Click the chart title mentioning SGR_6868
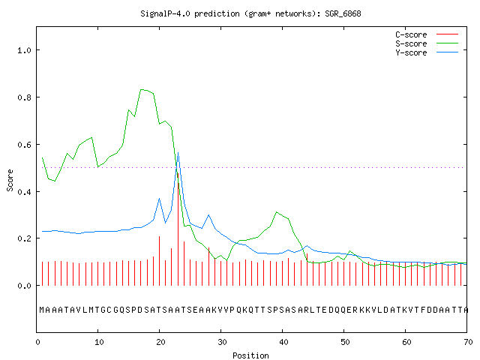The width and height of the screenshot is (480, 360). point(250,13)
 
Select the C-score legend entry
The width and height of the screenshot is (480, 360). point(427,34)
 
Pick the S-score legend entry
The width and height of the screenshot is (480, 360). point(427,43)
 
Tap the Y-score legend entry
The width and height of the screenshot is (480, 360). point(427,52)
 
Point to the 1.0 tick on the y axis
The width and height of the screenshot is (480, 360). point(24,50)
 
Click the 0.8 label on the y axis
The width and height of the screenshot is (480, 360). point(24,97)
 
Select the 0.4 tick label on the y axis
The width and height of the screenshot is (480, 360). point(24,192)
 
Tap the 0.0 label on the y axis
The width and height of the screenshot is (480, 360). point(24,286)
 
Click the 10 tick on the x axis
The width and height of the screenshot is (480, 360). point(99,342)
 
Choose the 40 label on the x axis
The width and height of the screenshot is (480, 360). point(283,342)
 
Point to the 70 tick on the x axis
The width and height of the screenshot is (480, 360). point(468,342)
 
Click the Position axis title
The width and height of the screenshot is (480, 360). point(250,355)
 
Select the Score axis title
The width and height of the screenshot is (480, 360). point(10,180)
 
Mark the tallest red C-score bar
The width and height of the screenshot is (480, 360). point(178,229)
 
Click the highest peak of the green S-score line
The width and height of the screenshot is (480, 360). point(141,89)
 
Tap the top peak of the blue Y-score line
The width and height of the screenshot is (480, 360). point(178,153)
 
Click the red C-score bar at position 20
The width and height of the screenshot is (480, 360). point(160,261)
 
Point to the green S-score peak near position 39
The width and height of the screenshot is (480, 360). point(277,211)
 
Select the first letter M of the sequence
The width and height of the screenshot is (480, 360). point(42,310)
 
